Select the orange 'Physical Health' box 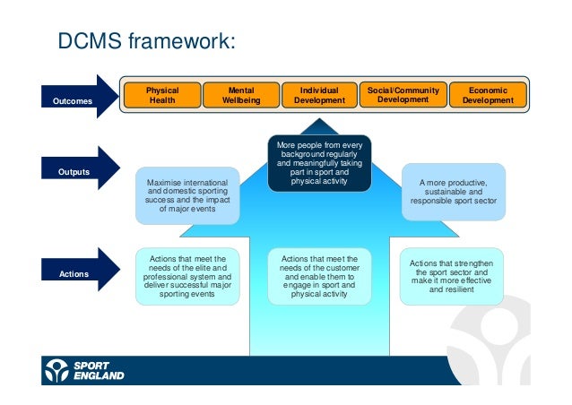161,96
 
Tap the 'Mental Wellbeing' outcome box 241,96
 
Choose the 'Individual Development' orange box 319,96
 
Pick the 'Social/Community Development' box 403,95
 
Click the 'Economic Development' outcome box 487,96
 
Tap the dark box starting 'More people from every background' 319,162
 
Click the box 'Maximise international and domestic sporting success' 187,195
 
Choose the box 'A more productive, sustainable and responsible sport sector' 453,191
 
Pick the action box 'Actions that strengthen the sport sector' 453,276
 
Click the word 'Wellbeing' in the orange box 241,100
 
